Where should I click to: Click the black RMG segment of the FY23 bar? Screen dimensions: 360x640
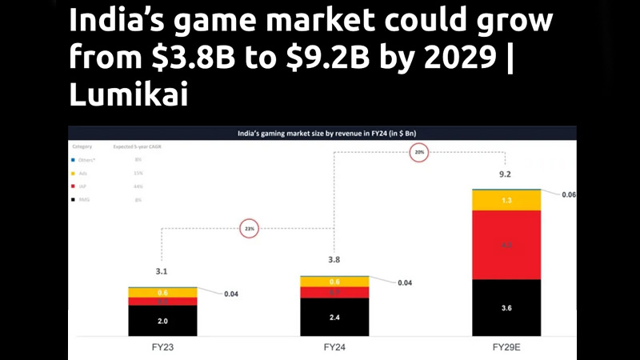(x=163, y=321)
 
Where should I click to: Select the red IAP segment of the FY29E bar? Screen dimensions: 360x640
(x=506, y=245)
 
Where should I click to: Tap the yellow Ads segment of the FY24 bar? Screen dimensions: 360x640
(x=334, y=282)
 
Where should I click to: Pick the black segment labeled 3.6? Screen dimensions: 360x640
(x=506, y=307)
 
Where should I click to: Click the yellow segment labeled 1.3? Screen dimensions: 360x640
(x=506, y=200)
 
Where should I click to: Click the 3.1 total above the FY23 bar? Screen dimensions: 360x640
(x=163, y=271)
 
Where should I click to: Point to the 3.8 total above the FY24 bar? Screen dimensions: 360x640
(x=334, y=259)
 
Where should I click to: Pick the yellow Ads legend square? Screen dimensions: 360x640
(x=74, y=173)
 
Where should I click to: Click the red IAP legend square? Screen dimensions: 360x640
(x=74, y=186)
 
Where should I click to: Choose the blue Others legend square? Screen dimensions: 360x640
(x=74, y=160)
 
